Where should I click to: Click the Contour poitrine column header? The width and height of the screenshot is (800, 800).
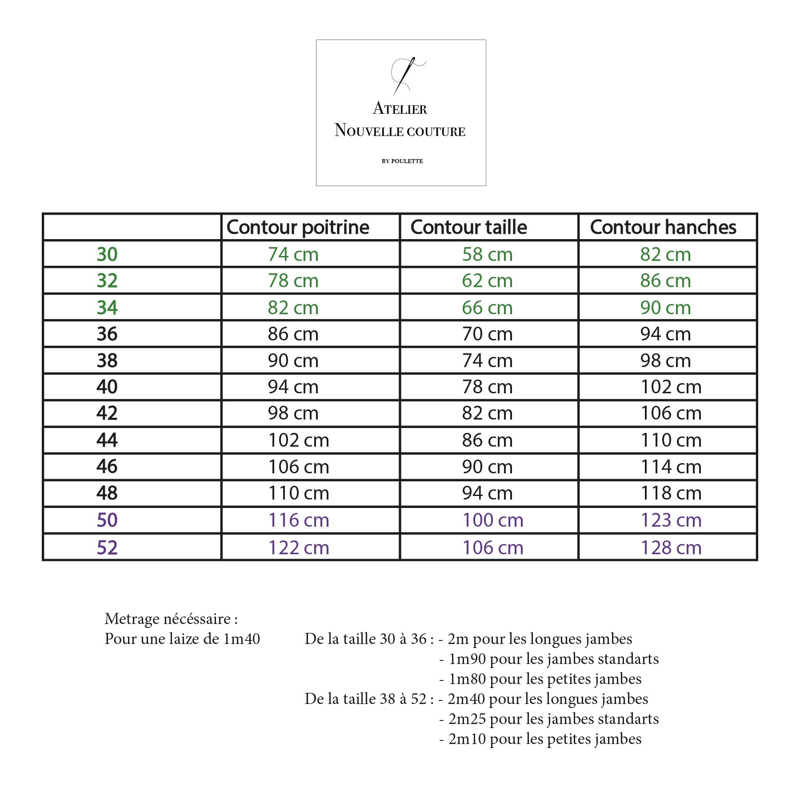pyautogui.click(x=298, y=228)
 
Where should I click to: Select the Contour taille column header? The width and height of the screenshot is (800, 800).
pyautogui.click(x=468, y=228)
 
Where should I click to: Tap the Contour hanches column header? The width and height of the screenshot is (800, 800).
pyautogui.click(x=663, y=228)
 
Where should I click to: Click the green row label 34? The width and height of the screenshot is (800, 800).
pyautogui.click(x=107, y=308)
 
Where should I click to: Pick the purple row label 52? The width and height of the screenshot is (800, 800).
pyautogui.click(x=107, y=548)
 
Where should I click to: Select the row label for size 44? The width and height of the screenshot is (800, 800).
pyautogui.click(x=107, y=440)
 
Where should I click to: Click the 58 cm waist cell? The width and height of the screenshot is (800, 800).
pyautogui.click(x=487, y=255)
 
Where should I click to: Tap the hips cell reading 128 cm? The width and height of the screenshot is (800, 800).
pyautogui.click(x=671, y=548)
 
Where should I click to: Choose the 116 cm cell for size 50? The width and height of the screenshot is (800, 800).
pyautogui.click(x=299, y=520)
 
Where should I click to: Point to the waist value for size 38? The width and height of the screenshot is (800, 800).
pyautogui.click(x=487, y=360)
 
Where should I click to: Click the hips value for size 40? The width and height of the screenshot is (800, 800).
pyautogui.click(x=671, y=387)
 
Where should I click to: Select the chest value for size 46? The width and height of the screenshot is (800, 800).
pyautogui.click(x=299, y=467)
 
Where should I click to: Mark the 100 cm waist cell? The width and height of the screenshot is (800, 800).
pyautogui.click(x=493, y=520)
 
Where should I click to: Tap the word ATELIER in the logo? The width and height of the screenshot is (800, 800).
pyautogui.click(x=400, y=108)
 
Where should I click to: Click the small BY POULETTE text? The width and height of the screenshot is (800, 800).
pyautogui.click(x=402, y=161)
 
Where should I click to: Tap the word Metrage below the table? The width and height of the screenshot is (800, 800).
pyautogui.click(x=132, y=619)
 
